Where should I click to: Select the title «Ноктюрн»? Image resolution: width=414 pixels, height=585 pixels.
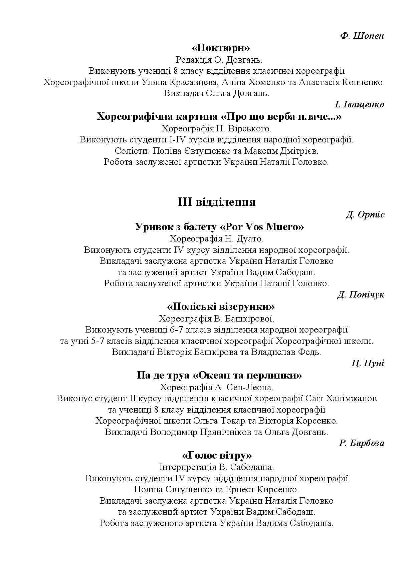221,48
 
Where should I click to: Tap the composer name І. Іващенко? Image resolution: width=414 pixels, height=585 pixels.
359,105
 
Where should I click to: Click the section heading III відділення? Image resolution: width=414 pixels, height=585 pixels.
217,202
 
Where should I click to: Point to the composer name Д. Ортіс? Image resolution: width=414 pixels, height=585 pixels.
365,214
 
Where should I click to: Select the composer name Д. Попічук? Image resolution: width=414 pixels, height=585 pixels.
361,295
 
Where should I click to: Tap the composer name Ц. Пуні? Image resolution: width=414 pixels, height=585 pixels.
368,363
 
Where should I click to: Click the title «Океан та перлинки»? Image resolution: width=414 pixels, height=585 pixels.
247,376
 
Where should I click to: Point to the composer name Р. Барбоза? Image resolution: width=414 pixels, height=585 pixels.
362,443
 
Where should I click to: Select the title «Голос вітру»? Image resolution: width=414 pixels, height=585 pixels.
217,456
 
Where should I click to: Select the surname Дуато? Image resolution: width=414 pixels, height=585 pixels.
250,239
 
